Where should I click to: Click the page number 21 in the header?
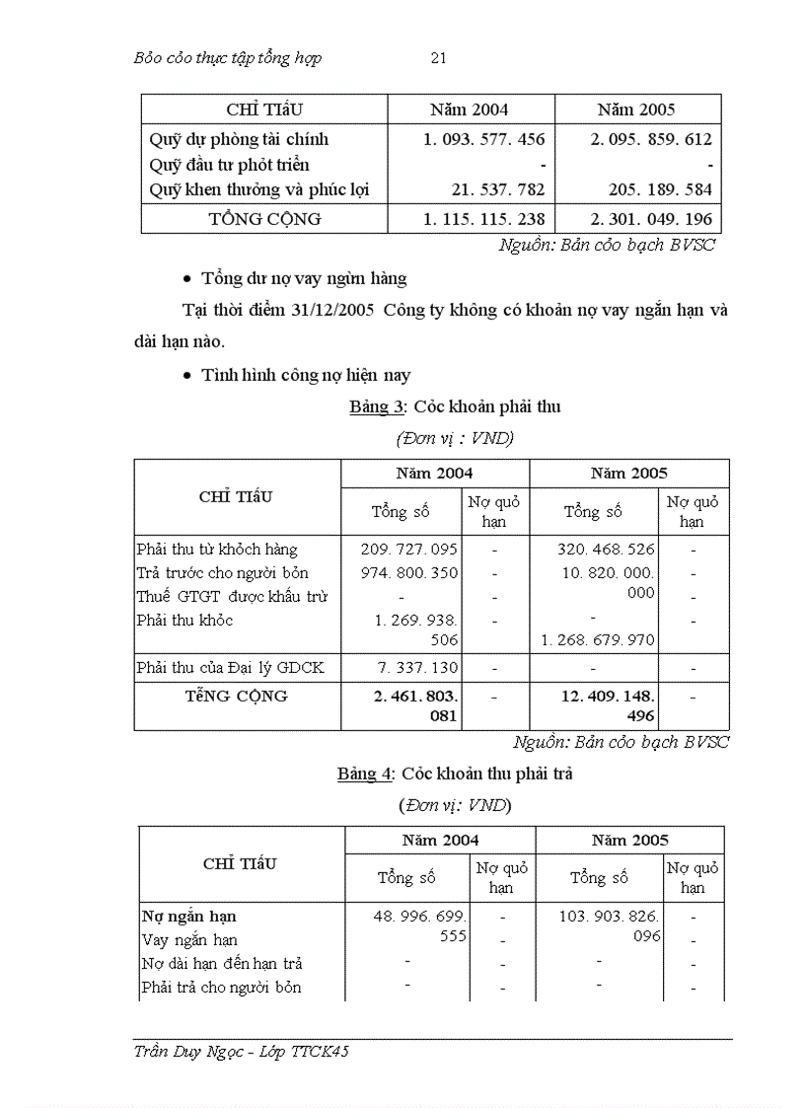point(439,58)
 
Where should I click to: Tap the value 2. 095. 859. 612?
point(651,140)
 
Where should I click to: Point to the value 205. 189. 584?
point(656,189)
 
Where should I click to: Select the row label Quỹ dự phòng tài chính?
point(239,140)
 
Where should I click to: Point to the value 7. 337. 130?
point(417,669)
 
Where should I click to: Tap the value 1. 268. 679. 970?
point(598,640)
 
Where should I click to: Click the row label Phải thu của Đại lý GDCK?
point(230,669)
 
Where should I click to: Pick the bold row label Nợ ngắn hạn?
point(189,917)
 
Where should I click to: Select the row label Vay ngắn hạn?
point(190,940)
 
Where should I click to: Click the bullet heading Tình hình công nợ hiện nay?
point(306,375)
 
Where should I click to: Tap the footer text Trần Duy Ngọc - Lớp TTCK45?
point(241,1052)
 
